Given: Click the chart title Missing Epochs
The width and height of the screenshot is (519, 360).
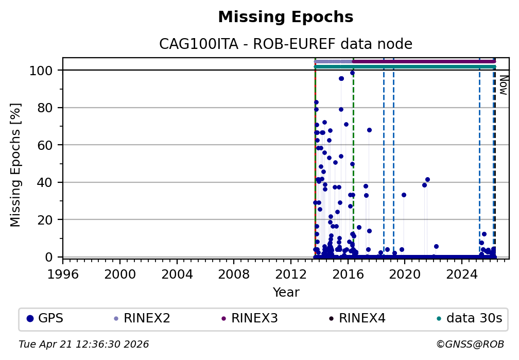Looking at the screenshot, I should pyautogui.click(x=286, y=18).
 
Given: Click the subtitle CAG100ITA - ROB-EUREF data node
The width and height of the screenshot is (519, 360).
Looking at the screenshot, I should pyautogui.click(x=286, y=44).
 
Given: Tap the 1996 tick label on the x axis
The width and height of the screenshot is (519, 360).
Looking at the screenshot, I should pyautogui.click(x=63, y=272).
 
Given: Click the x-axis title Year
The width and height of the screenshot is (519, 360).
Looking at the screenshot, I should pyautogui.click(x=286, y=293).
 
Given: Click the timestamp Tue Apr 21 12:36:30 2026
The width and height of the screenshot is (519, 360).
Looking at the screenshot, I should pyautogui.click(x=84, y=344).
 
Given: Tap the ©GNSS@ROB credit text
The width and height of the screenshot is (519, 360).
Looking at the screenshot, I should pyautogui.click(x=470, y=344).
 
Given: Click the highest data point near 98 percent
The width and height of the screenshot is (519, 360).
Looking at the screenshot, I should pyautogui.click(x=352, y=73).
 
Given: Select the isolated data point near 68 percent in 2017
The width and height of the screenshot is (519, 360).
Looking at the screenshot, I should pyautogui.click(x=369, y=130).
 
